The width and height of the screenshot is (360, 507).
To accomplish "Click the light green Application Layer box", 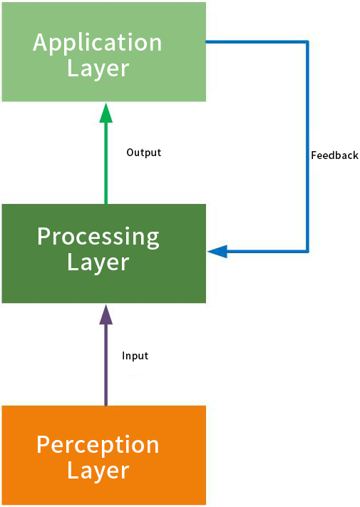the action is [104, 52].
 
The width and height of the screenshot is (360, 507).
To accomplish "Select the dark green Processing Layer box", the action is [104, 254].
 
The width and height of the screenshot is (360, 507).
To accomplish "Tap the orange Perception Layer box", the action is [104, 455].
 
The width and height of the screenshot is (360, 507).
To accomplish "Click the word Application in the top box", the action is [97, 43].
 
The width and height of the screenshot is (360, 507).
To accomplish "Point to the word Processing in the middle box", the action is [98, 237].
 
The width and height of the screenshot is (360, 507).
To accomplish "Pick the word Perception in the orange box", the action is [98, 445].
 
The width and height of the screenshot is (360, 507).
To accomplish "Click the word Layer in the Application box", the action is [98, 69].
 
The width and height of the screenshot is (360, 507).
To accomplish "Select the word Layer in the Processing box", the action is [98, 262].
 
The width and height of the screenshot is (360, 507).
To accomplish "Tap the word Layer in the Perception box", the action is [98, 471].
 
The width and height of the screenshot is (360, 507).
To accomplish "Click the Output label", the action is [144, 153].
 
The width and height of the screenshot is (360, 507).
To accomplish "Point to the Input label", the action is [135, 356].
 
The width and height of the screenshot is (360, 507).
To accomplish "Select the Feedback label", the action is [334, 155].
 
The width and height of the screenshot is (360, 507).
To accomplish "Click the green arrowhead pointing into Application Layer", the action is [106, 113].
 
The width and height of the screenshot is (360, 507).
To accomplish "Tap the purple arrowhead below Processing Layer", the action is [106, 314].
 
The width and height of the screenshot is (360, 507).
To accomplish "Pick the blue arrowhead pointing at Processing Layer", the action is [217, 251].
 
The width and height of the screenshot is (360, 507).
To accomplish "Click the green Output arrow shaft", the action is [106, 163].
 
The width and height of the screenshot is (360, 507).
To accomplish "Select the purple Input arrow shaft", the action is [106, 364].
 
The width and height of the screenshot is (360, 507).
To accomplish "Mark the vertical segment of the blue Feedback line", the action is [307, 146].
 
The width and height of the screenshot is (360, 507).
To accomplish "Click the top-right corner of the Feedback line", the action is [307, 41].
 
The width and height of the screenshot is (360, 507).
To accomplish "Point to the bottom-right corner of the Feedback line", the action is [307, 251].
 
